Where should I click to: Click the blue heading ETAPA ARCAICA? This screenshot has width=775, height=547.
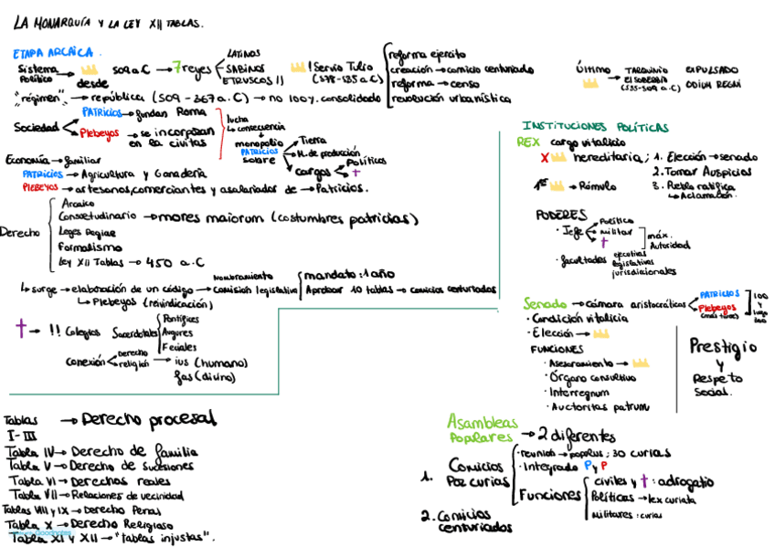click(x=52, y=53)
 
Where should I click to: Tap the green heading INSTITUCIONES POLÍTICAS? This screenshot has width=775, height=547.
click(x=595, y=127)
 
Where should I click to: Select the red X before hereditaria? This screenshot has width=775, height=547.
click(x=546, y=158)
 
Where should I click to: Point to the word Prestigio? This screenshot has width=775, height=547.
click(x=722, y=348)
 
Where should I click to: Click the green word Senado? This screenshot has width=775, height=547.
click(x=545, y=302)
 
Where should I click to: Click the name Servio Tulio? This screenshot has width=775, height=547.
click(x=340, y=68)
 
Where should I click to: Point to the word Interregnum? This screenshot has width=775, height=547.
click(x=580, y=391)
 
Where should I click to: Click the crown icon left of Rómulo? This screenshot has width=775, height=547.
click(x=560, y=186)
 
